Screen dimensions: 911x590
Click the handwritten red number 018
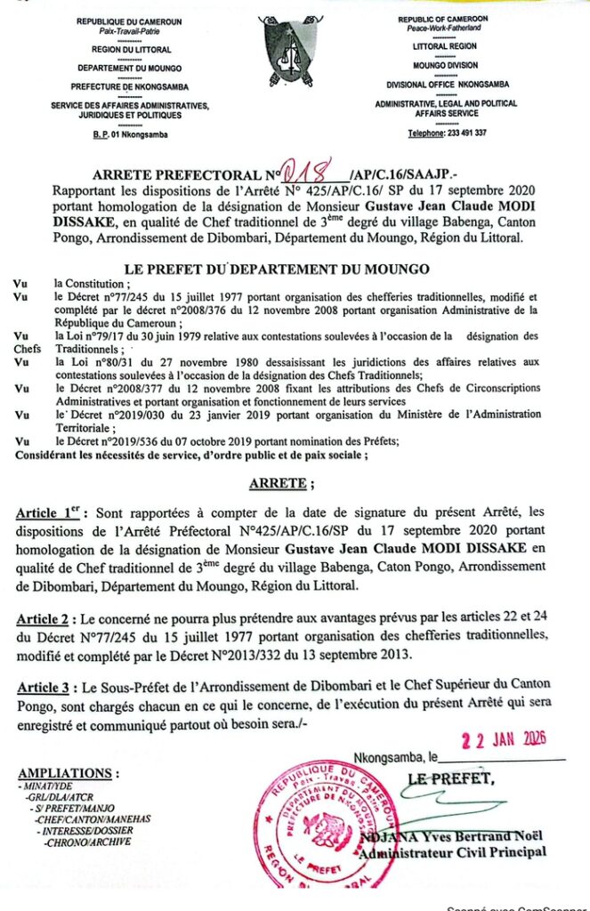point(305,169)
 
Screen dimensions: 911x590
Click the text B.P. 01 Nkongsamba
point(129,134)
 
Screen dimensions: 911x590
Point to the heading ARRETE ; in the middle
point(280,483)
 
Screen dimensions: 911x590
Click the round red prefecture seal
point(319,823)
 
